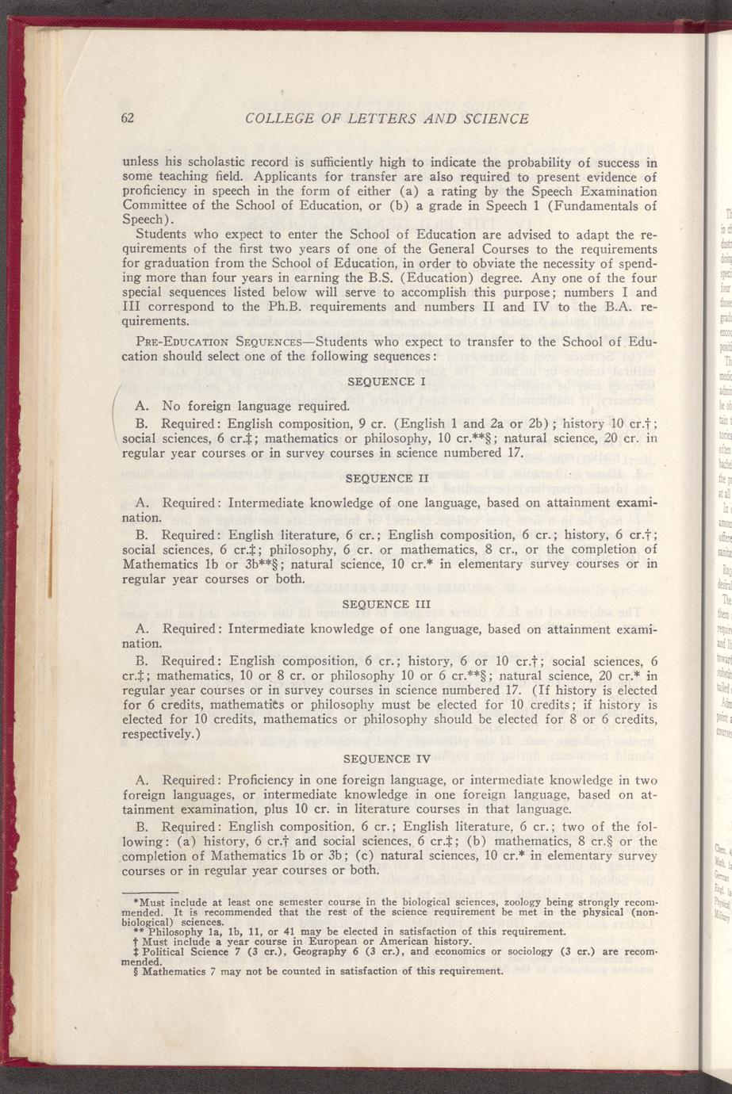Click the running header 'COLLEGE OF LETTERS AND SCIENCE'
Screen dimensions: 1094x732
[x=387, y=120]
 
